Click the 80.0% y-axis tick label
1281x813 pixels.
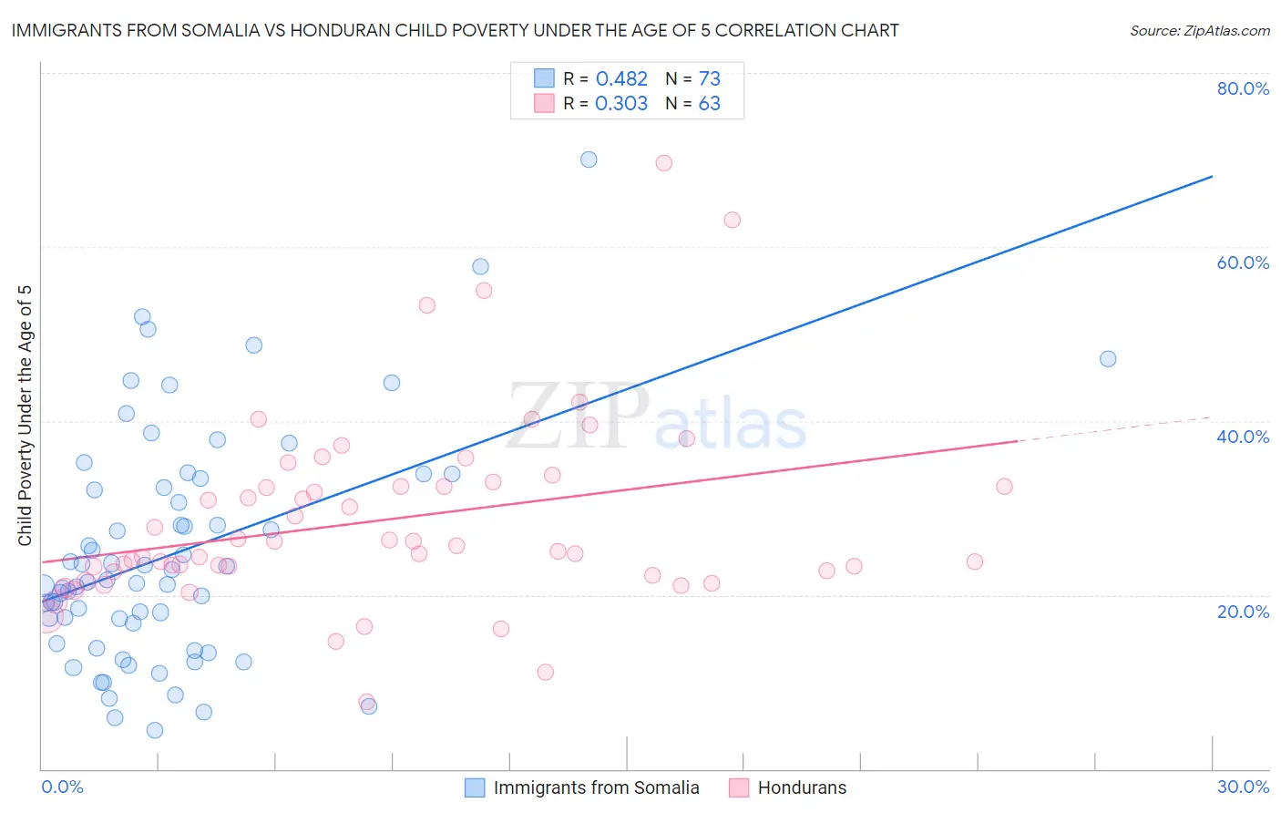click(x=1243, y=88)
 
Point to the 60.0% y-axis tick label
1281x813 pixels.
click(x=1243, y=262)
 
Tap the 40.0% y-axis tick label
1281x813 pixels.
click(x=1243, y=437)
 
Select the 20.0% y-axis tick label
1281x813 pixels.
click(x=1243, y=612)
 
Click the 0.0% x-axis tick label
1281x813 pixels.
click(x=62, y=787)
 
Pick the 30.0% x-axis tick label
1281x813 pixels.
click(x=1243, y=787)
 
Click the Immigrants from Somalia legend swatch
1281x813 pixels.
click(x=475, y=787)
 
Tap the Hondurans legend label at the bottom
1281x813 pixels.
click(x=802, y=787)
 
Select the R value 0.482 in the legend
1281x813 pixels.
click(x=621, y=79)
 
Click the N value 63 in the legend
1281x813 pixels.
click(x=709, y=104)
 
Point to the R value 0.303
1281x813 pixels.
click(x=621, y=104)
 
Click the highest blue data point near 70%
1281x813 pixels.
click(x=589, y=160)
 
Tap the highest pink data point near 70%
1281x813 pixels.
click(x=663, y=163)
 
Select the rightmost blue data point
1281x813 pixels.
click(x=1108, y=359)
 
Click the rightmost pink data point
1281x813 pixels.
click(x=1004, y=487)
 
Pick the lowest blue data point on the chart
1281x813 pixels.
click(x=155, y=730)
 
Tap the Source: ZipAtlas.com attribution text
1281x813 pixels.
click(x=1199, y=31)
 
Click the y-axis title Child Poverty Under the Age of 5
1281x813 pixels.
click(x=26, y=416)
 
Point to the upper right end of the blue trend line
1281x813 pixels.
click(x=1212, y=176)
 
